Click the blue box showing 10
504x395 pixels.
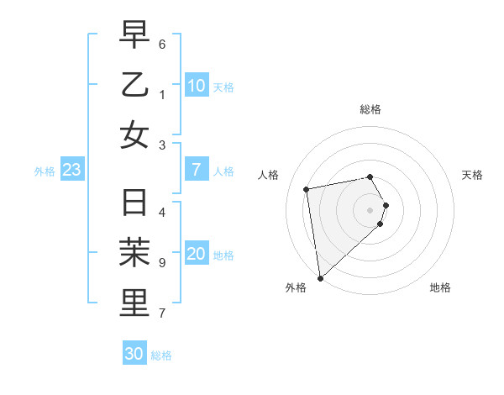coord(197,86)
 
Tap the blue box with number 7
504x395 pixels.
coord(197,170)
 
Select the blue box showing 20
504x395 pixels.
coord(197,255)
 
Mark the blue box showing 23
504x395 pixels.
coord(72,170)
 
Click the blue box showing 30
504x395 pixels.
coord(134,354)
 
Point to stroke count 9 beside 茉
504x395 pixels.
coord(162,263)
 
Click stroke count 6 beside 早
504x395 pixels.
coord(162,43)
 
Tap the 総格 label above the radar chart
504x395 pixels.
coord(370,109)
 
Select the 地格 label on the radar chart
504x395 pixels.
coord(440,287)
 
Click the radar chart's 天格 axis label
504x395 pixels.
coord(472,175)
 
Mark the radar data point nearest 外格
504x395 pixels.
coord(320,278)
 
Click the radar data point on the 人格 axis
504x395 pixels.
coord(307,189)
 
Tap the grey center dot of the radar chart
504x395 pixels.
coord(370,209)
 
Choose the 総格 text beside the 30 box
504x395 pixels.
coord(161,355)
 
